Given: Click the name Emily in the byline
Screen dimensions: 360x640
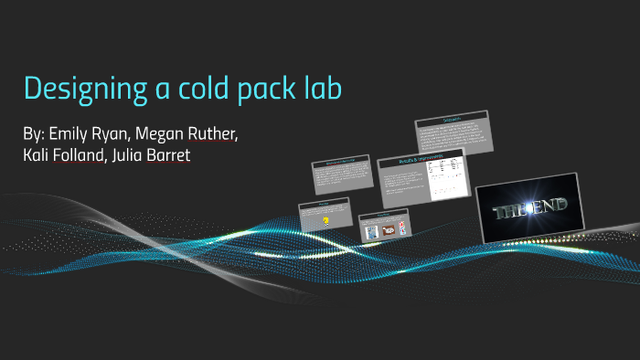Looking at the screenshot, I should click(67, 133).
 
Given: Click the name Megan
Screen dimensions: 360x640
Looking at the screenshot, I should click(163, 134).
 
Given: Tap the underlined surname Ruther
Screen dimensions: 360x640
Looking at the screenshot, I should click(213, 133).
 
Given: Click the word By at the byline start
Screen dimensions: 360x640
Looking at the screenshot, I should click(33, 133).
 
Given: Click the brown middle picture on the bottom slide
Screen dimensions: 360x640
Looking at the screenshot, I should click(388, 232).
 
